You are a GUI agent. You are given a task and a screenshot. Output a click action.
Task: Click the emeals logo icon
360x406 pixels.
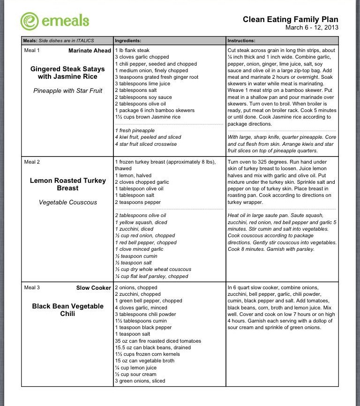click(29, 21)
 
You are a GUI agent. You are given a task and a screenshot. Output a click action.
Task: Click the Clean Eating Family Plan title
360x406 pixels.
click(290, 19)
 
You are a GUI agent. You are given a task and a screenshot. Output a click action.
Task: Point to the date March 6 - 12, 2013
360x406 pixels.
click(311, 27)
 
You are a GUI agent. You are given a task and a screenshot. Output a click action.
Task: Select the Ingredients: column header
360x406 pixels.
click(128, 41)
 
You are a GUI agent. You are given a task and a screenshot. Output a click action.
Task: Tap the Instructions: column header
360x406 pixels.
click(241, 41)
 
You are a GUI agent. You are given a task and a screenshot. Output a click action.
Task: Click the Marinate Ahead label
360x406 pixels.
click(90, 51)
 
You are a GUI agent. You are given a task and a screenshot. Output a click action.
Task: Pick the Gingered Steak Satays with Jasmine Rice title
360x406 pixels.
click(67, 73)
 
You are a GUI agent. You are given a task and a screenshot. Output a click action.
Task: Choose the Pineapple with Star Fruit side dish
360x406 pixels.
click(67, 90)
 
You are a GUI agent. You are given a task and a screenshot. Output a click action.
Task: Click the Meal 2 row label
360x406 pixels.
click(32, 162)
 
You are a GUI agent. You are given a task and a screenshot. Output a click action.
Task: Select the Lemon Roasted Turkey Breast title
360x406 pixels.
click(67, 184)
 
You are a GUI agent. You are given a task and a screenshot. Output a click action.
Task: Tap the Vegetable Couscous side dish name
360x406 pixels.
click(67, 203)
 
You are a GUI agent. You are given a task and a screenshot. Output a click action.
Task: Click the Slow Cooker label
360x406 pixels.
click(93, 288)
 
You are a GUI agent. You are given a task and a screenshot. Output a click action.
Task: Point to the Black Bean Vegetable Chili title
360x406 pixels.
click(67, 310)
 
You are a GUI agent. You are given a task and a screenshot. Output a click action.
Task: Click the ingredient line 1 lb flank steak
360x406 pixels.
click(132, 50)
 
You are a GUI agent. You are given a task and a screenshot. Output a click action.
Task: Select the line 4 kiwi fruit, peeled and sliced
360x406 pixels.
click(148, 137)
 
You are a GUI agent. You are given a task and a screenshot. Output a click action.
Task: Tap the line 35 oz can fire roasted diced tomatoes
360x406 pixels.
click(157, 341)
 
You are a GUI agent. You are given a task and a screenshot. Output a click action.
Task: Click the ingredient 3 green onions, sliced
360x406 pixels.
click(140, 381)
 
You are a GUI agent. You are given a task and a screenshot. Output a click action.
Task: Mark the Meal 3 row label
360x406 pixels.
click(32, 288)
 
